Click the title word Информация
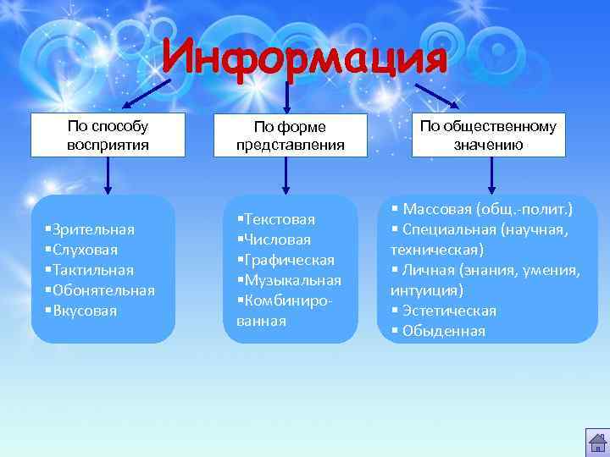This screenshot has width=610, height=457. click(304, 58)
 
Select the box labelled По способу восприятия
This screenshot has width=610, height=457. click(108, 135)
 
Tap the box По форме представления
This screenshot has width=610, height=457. click(291, 135)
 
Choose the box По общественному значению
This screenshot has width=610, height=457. click(488, 135)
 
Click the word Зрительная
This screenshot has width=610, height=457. click(92, 229)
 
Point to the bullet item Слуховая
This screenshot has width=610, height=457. click(84, 250)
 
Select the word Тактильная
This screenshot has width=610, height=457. click(92, 270)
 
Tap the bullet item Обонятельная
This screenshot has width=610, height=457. click(103, 290)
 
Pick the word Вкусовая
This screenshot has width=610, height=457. click(84, 311)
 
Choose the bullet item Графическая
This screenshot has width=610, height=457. click(289, 260)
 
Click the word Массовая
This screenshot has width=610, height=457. click(438, 209)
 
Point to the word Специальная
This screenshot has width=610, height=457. click(449, 229)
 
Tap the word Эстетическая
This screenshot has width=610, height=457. click(449, 311)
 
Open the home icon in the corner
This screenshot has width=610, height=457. click(596, 443)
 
